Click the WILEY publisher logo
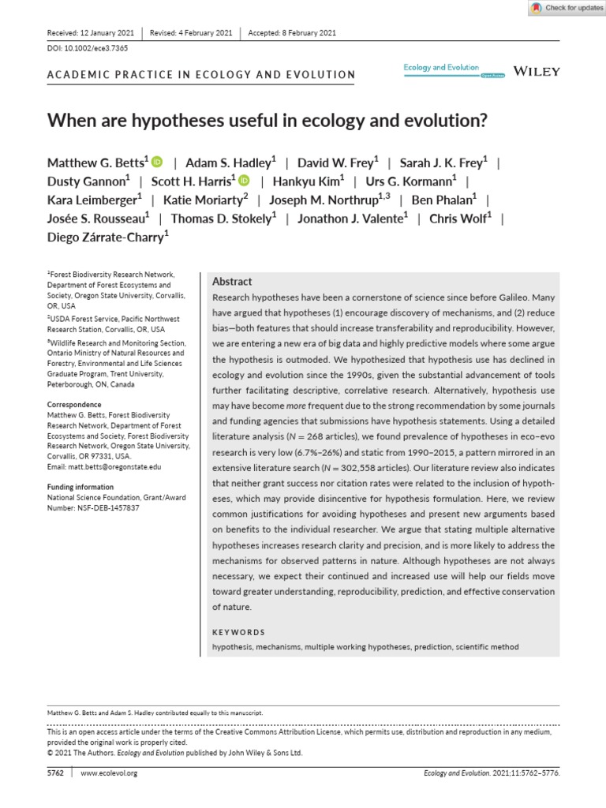coord(537,71)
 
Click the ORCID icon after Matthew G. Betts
coord(157,163)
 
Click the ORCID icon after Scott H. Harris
coord(244,181)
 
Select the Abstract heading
coord(232,281)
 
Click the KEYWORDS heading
coord(239,632)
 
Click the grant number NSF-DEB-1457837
coord(97,507)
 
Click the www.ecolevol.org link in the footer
coord(109,773)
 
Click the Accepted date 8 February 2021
coord(292,33)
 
